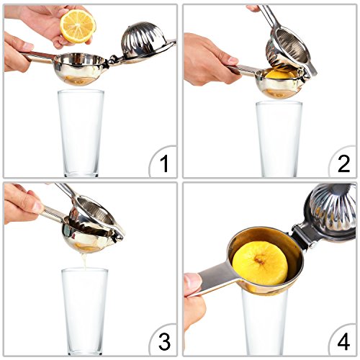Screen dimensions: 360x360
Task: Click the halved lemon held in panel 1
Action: coord(78,26)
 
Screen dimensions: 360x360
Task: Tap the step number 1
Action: coord(164,163)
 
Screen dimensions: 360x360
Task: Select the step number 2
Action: coord(343,163)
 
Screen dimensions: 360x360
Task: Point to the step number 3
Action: coord(164,341)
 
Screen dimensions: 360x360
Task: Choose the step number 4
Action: coord(343,341)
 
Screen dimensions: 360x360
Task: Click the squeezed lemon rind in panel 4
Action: coord(260,263)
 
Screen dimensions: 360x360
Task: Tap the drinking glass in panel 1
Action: coord(81,133)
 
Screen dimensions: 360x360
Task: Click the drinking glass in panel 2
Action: coord(279,139)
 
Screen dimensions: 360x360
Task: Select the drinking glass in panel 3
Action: coord(84,312)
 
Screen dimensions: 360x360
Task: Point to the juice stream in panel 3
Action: coord(84,261)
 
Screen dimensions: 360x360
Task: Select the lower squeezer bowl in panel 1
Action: coord(80,69)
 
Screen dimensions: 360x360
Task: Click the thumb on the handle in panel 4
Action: coord(193,282)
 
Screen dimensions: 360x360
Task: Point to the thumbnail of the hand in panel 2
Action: coord(233,60)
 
